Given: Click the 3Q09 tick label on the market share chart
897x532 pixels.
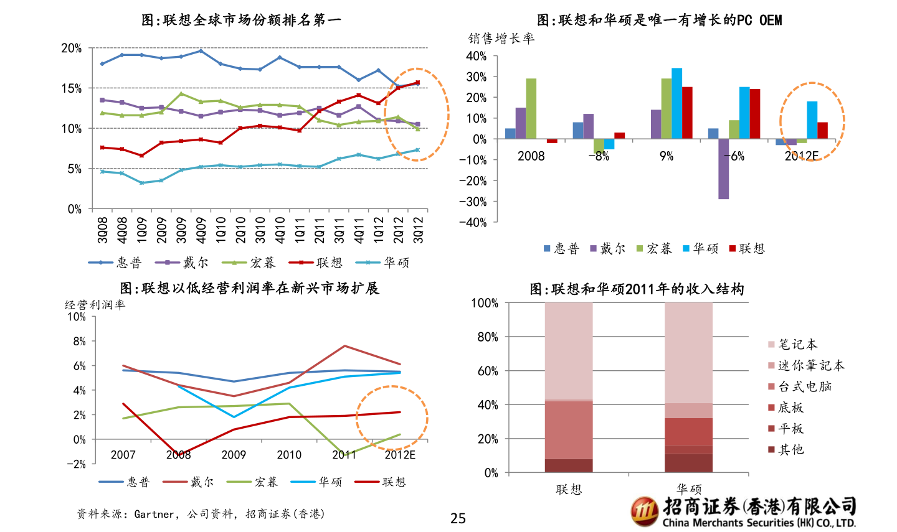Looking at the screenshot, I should [181, 230].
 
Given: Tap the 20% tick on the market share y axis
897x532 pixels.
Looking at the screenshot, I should [72, 49].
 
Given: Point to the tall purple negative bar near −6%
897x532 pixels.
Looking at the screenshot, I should [723, 169].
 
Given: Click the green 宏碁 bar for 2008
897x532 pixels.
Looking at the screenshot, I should [531, 108].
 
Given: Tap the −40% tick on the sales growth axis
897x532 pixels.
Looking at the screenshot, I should [473, 223].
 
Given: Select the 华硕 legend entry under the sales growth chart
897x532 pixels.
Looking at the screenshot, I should [700, 249].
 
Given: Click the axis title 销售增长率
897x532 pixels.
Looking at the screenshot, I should [501, 39].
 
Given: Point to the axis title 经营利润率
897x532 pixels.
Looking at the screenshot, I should [95, 305].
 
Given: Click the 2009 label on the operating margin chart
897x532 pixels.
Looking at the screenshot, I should [234, 455].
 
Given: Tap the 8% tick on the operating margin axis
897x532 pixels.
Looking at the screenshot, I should [79, 342].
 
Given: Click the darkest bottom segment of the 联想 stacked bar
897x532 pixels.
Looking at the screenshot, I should [569, 465].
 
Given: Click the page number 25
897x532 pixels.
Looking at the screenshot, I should [458, 518].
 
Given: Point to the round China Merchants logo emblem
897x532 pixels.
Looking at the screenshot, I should [644, 511].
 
